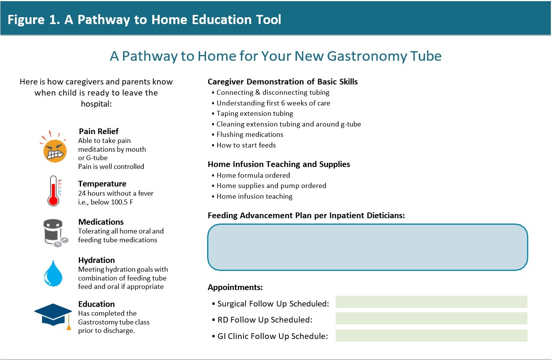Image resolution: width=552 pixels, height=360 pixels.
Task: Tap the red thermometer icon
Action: tap(54, 191)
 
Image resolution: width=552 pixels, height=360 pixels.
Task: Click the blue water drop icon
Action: tap(53, 274)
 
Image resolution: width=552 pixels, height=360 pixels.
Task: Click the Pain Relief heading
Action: tap(99, 131)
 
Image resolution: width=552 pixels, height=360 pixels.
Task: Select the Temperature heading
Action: tap(102, 184)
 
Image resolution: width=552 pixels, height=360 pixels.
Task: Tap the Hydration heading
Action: tap(96, 260)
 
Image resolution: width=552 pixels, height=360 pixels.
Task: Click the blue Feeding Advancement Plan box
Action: tap(367, 247)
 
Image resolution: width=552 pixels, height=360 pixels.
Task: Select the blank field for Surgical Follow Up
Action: tap(431, 302)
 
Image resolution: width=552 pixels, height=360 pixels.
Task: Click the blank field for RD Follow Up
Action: tap(431, 318)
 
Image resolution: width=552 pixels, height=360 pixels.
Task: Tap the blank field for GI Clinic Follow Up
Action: tap(431, 336)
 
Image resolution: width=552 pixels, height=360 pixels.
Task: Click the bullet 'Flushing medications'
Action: tap(250, 135)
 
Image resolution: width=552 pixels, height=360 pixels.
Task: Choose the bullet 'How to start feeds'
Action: tap(246, 145)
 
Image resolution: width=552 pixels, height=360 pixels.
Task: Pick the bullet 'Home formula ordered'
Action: tap(253, 175)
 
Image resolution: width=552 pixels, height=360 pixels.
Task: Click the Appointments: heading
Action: tap(235, 287)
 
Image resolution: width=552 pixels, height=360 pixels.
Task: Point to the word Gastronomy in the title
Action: tap(367, 56)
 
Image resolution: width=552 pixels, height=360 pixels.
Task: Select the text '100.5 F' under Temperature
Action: tap(122, 202)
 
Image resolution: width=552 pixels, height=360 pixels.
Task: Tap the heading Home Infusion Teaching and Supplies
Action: tap(279, 164)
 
